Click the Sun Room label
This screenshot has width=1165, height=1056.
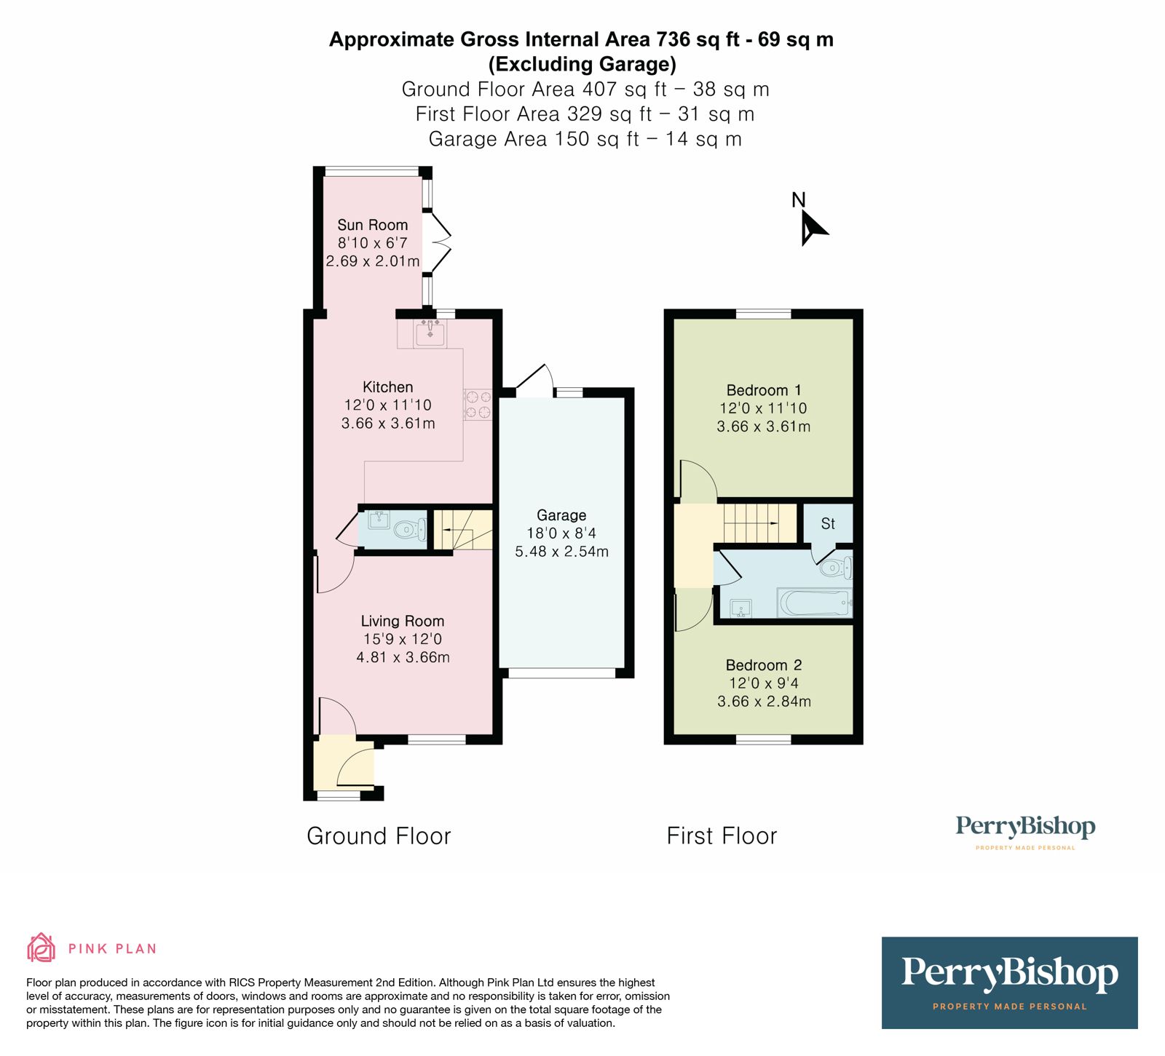[x=372, y=225]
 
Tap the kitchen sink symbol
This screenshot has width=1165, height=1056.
[x=430, y=333]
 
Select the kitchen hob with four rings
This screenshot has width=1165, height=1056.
[x=478, y=405]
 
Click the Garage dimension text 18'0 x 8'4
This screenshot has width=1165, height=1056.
[x=561, y=533]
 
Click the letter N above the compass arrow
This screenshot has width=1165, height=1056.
[x=799, y=199]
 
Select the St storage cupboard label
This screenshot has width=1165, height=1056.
[x=828, y=523]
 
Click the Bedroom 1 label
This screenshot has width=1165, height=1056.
[x=764, y=390]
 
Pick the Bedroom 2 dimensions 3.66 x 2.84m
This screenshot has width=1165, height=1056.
[x=764, y=702]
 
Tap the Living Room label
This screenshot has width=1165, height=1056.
[x=403, y=621]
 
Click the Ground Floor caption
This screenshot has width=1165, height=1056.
[x=379, y=835]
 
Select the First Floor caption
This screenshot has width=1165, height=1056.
[x=722, y=835]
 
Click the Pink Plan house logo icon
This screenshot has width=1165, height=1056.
[x=42, y=948]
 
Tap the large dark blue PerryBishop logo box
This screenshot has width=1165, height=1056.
[x=1009, y=982]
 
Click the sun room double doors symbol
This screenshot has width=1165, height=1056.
[x=440, y=242]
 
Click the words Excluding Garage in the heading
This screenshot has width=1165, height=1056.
[x=582, y=64]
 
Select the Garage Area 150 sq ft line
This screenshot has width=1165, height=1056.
[x=585, y=139]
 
